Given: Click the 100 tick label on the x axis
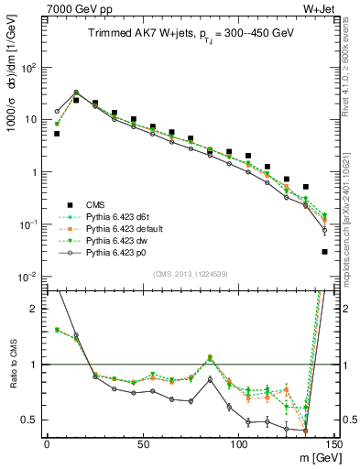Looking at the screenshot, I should click(x=238, y=446).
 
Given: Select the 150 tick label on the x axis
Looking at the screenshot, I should click(x=333, y=446).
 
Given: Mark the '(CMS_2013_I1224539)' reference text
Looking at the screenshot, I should click(x=190, y=272).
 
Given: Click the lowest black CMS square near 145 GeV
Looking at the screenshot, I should click(x=324, y=252).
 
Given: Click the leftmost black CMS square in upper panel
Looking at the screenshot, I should click(x=57, y=134).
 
